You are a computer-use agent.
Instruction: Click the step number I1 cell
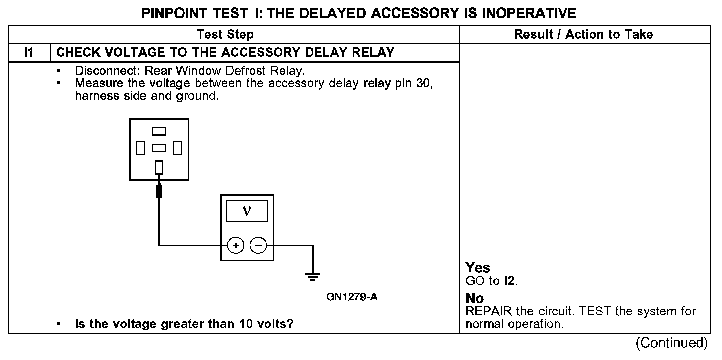click(x=29, y=52)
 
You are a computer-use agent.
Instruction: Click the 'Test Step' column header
click(x=225, y=34)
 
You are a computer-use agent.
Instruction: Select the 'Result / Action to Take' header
click(x=584, y=34)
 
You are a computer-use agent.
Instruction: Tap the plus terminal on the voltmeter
click(x=236, y=245)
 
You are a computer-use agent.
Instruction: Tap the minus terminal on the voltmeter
click(x=259, y=245)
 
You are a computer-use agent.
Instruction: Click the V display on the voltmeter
click(x=247, y=211)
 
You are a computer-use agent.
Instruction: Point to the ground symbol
click(x=313, y=277)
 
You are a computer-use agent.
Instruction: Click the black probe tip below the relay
click(x=159, y=191)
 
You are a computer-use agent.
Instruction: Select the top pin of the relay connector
click(x=159, y=131)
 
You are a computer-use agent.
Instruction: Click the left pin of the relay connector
click(x=140, y=148)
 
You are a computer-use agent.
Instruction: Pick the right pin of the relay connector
click(x=177, y=148)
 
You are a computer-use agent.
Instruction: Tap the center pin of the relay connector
click(x=159, y=148)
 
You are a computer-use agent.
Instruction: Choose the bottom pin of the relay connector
click(x=159, y=167)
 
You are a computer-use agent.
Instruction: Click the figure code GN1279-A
click(x=351, y=297)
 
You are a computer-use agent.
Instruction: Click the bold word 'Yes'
click(x=478, y=268)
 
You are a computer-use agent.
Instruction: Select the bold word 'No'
click(x=475, y=298)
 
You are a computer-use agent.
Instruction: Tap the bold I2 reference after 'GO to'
click(x=509, y=281)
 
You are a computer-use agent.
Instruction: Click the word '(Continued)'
click(x=671, y=343)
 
